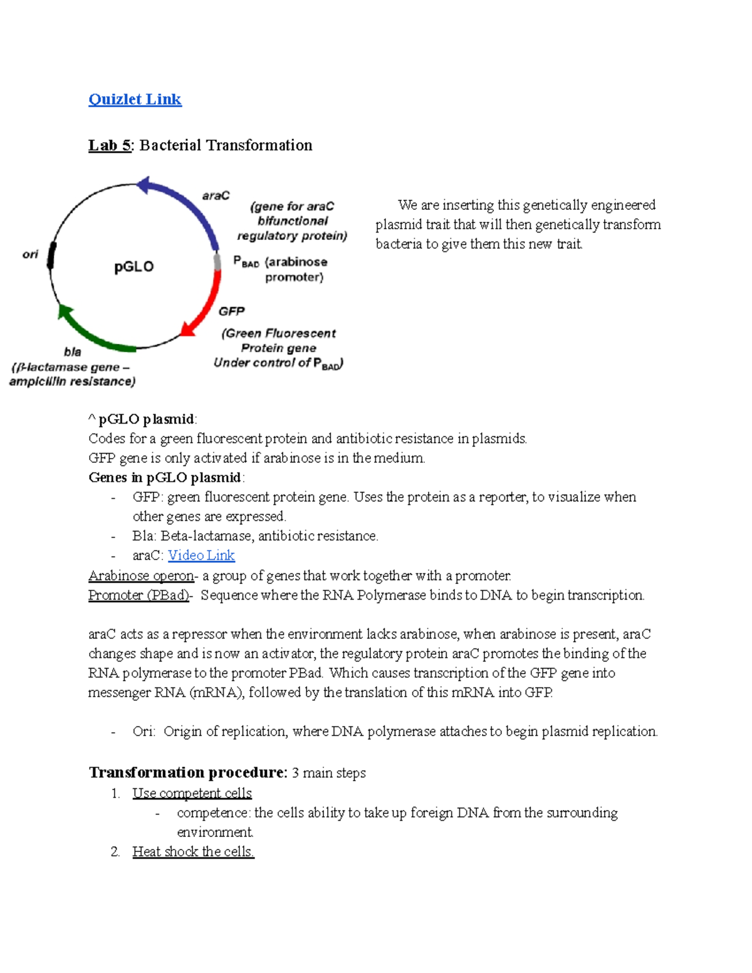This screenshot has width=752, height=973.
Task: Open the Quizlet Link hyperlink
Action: (x=135, y=99)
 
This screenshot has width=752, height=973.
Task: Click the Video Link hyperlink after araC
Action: (x=201, y=555)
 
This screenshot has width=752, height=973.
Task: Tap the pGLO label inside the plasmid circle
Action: (x=133, y=267)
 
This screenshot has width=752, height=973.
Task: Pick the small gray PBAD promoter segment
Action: (x=217, y=262)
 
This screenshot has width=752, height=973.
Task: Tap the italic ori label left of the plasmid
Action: (x=30, y=254)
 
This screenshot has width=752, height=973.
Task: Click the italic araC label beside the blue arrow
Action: (x=216, y=195)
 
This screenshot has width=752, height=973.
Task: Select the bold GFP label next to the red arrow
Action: (x=231, y=311)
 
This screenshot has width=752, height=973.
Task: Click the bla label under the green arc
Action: (x=73, y=352)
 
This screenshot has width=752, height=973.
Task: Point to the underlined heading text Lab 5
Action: (x=110, y=145)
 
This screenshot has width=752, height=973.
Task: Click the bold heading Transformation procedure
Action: (x=187, y=772)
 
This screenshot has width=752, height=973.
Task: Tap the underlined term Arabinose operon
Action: (x=141, y=575)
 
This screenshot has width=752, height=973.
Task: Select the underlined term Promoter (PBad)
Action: (x=138, y=595)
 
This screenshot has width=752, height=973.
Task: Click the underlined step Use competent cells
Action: (x=192, y=793)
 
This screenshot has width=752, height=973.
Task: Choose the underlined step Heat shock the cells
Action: (x=193, y=851)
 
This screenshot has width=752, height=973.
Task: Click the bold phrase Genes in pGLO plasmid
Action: (x=165, y=477)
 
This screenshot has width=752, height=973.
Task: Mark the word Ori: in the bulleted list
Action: (x=144, y=731)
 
